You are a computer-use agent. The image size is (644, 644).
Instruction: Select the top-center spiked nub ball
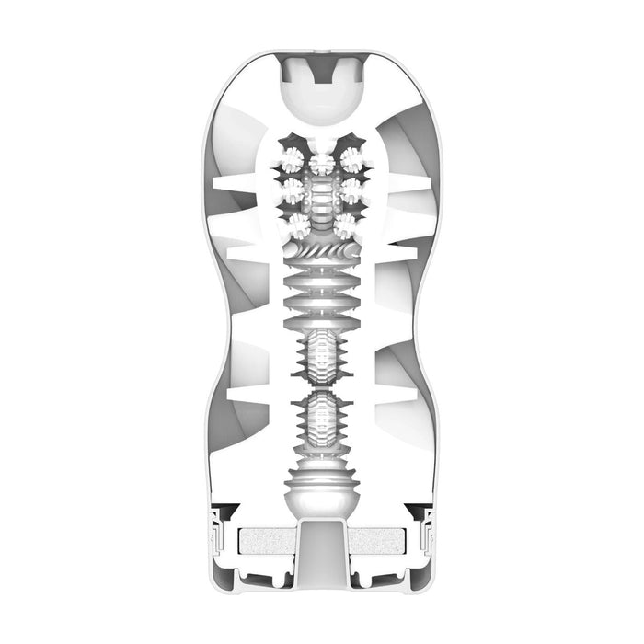322,164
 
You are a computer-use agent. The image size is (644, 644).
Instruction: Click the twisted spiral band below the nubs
322,249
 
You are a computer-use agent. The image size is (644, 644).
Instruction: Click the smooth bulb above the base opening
322,497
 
